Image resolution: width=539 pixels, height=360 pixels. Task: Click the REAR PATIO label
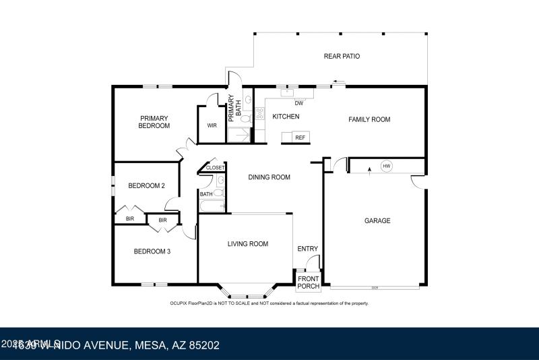click(342, 57)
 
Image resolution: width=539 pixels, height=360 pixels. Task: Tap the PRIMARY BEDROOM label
click(154, 122)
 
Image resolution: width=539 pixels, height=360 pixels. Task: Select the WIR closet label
click(212, 125)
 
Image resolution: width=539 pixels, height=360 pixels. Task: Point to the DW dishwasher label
click(299, 103)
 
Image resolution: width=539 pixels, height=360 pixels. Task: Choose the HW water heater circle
click(386, 166)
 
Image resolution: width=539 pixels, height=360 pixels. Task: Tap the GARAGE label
click(377, 220)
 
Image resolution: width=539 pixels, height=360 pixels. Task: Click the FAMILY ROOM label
click(369, 119)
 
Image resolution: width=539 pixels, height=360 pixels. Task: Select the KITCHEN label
click(286, 117)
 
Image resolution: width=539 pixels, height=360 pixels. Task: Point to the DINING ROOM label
click(269, 177)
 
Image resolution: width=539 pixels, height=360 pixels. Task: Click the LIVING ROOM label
click(247, 244)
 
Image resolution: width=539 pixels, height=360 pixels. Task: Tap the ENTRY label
click(307, 249)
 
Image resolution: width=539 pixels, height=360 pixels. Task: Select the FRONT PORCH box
click(309, 282)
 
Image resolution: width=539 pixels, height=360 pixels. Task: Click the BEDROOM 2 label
click(147, 186)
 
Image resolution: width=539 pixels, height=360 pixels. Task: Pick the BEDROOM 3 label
click(152, 251)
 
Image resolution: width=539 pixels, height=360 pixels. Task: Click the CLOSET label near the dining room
click(215, 168)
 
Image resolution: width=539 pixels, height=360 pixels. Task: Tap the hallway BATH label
click(205, 194)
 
